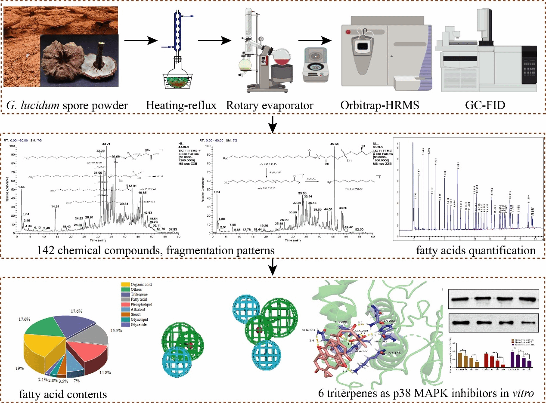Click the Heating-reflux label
[181, 105]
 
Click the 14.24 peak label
[54, 207]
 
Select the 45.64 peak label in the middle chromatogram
[335, 144]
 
